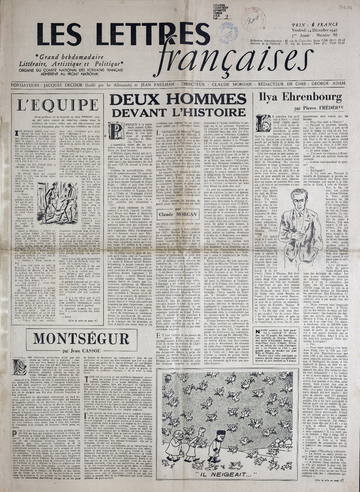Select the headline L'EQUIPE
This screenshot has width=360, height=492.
point(56,105)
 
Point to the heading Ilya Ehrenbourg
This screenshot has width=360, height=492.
point(301,98)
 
